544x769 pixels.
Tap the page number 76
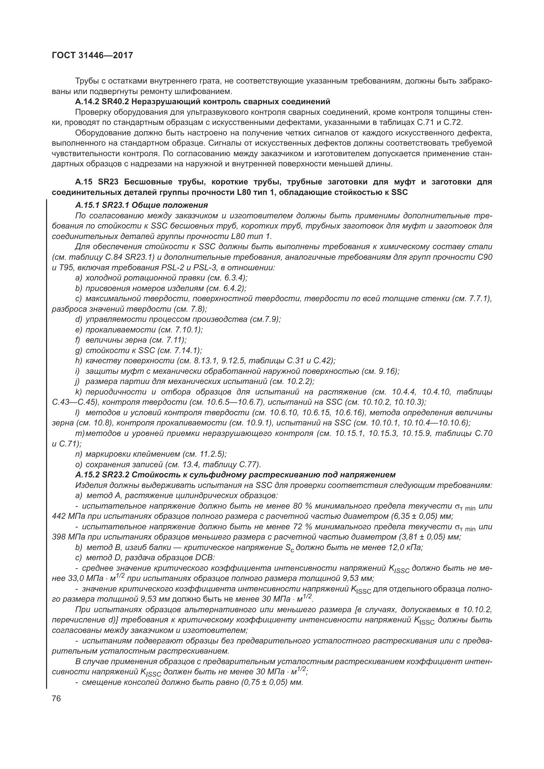pos(56,699)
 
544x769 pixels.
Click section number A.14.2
pos(88,102)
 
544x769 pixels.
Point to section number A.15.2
pos(88,475)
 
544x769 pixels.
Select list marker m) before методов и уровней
pos(80,433)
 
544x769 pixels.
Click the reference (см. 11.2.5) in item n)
pos(204,454)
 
